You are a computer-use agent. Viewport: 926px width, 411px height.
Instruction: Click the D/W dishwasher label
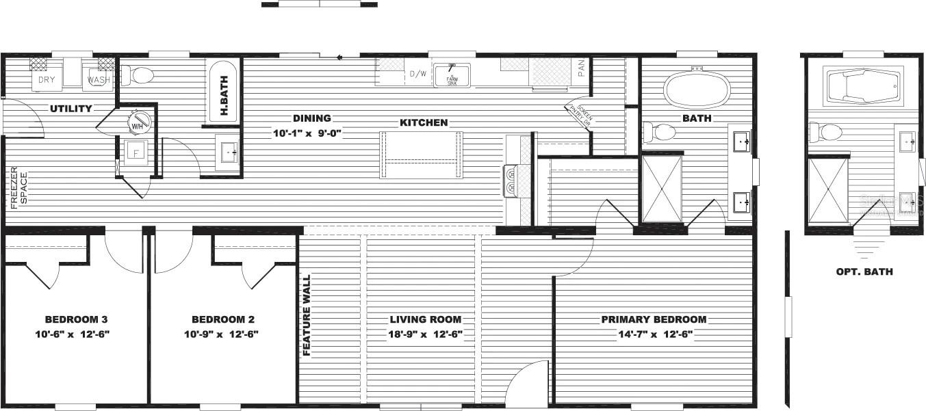[x=417, y=74]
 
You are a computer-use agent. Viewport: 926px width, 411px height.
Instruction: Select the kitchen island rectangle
[x=421, y=155]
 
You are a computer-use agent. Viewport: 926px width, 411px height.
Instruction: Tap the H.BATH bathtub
[x=222, y=93]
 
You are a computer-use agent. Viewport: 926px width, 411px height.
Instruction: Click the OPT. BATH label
[x=864, y=271]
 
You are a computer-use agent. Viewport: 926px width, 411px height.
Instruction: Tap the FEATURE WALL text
[x=307, y=315]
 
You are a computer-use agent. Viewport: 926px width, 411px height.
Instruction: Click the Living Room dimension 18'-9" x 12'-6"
[x=425, y=334]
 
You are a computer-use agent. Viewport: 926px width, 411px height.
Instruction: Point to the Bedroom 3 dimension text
[x=75, y=334]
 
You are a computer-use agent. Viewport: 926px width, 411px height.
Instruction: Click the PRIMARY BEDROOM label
[x=654, y=319]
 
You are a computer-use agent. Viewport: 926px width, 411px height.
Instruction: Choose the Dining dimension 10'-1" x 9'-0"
[x=307, y=133]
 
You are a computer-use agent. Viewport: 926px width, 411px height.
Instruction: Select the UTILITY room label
[x=70, y=109]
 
